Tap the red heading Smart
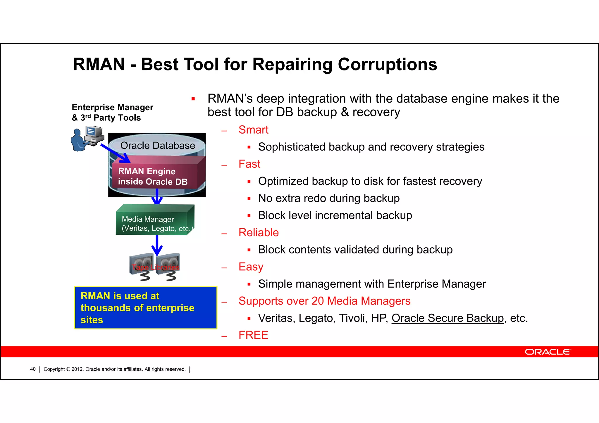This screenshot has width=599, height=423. click(x=253, y=130)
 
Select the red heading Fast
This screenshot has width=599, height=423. click(x=249, y=164)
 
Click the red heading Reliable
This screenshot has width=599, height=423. click(x=259, y=233)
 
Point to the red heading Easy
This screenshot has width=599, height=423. click(x=251, y=267)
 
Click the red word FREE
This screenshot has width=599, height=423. click(x=253, y=335)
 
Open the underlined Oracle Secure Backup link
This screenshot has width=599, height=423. click(x=447, y=318)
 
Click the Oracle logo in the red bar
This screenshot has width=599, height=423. click(x=548, y=352)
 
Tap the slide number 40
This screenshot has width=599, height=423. click(x=33, y=369)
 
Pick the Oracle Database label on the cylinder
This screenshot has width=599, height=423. click(x=158, y=146)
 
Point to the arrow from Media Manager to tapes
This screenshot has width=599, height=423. click(x=157, y=245)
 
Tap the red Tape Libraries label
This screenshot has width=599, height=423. click(x=155, y=267)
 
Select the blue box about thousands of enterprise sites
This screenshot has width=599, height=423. click(x=146, y=308)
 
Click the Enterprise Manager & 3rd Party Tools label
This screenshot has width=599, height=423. click(x=112, y=113)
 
